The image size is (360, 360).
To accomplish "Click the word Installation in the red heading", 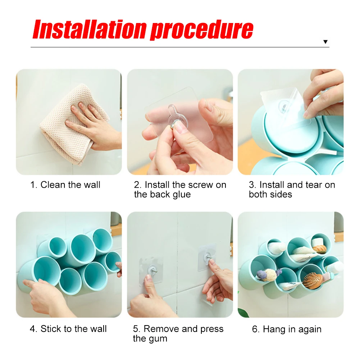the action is coord(90,29).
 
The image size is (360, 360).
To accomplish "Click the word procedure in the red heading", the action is coord(202,31).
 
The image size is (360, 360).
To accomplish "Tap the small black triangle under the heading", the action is coord(325,42).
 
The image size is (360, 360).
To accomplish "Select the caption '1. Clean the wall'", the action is coord(65,185).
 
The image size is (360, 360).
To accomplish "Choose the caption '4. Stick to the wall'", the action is coord(68,329).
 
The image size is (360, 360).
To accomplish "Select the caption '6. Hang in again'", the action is coord(287,329).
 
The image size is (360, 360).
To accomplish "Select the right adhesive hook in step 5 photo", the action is coord(207,257).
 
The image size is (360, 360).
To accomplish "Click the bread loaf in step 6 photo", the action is coord(319,249).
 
